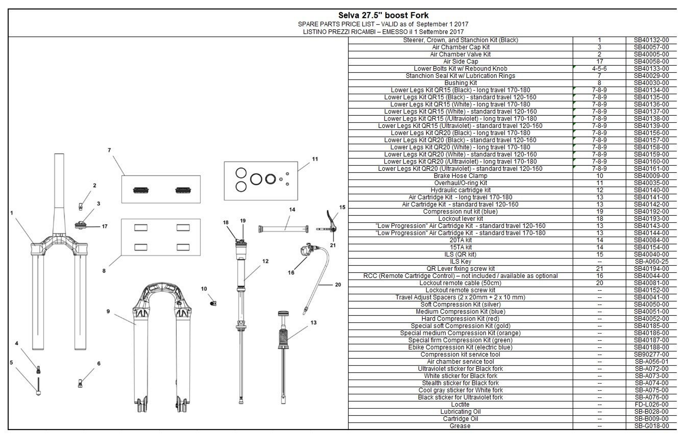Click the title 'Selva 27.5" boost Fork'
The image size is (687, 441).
383,15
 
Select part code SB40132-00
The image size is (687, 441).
651,40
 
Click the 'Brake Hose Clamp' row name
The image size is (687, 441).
460,176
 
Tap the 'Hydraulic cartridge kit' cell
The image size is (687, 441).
460,190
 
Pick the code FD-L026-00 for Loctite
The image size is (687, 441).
651,405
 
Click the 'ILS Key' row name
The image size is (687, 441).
460,262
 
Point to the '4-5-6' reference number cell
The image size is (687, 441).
599,69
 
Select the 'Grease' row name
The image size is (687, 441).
460,426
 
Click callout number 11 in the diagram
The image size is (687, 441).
315,159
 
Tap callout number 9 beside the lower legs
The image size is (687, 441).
108,311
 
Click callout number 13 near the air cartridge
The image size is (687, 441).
313,323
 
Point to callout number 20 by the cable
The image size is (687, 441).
338,285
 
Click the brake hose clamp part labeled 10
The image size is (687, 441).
213,304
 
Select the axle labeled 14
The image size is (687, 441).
283,229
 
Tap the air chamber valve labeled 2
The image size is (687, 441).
81,206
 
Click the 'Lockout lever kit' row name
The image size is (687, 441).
460,219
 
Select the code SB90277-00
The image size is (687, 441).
651,354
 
